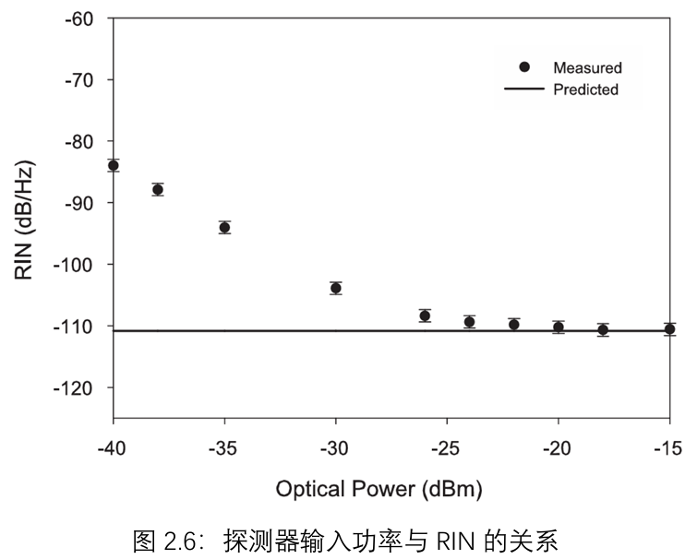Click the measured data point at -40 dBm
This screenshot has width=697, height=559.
click(114, 165)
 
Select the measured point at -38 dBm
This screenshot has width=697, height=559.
click(158, 190)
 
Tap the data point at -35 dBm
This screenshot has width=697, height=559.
click(224, 227)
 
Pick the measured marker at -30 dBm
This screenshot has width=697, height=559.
click(336, 288)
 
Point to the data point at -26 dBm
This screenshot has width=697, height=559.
click(425, 315)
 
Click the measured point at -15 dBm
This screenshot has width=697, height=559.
click(669, 328)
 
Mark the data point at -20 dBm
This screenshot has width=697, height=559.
click(559, 327)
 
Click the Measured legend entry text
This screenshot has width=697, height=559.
click(587, 67)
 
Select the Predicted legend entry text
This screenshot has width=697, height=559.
click(585, 89)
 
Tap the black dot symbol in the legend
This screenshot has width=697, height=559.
click(524, 66)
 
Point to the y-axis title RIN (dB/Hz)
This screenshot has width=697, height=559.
click(25, 219)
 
